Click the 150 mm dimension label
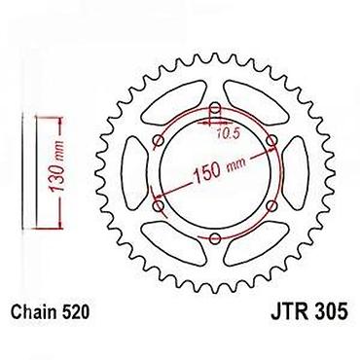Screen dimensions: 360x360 click(x=219, y=169)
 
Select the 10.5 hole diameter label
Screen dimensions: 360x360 click(x=228, y=133)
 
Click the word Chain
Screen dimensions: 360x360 click(x=32, y=312)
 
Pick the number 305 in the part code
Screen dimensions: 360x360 click(x=331, y=312)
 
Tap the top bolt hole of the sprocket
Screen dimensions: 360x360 click(x=215, y=108)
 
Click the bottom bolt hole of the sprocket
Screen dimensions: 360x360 click(x=215, y=239)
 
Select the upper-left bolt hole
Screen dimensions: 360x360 click(x=159, y=141)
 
